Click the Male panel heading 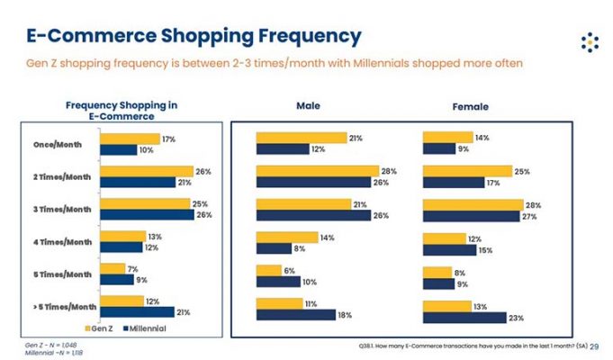pos(309,105)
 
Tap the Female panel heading pos(470,106)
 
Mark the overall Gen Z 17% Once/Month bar pos(130,139)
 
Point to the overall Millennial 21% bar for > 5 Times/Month pos(138,311)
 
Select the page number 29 pos(594,346)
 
